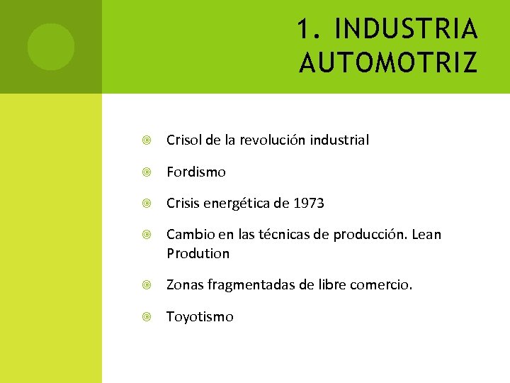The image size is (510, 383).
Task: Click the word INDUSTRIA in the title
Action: coord(406,30)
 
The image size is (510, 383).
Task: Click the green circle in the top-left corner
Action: coord(50,47)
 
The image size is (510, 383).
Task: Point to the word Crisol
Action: coord(184,140)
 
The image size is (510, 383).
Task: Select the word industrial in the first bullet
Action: coord(339,140)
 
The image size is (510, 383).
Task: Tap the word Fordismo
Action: coord(196,172)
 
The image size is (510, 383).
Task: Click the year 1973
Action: coord(309,204)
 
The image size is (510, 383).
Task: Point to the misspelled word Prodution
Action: coord(198,253)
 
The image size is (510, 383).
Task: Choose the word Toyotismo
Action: coord(200,317)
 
